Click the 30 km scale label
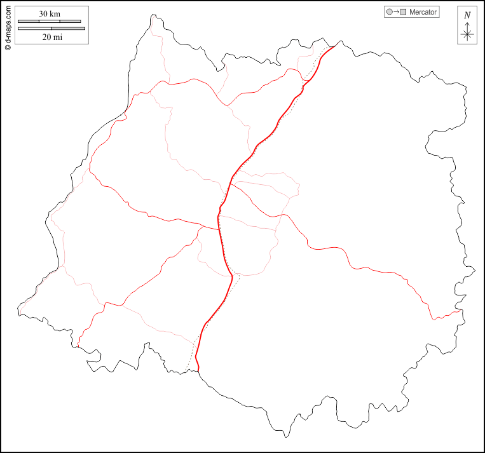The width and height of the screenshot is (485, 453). point(50,13)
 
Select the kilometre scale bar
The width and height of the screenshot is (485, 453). point(50,21)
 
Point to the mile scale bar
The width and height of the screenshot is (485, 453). point(51,28)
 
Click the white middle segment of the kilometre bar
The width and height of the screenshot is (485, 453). point(50,21)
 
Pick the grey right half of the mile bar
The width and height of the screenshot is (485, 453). point(68,28)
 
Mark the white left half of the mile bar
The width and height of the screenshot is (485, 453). point(35,28)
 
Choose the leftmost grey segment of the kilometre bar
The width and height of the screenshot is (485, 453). point(29,21)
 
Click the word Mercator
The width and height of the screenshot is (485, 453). point(423,12)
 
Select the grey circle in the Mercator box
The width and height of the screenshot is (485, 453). point(390,12)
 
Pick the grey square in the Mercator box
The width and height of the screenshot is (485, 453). point(403,12)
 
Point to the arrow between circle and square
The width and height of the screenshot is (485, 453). point(396,12)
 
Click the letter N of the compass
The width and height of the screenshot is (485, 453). point(467,15)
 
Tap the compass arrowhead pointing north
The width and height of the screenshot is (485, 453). point(467,23)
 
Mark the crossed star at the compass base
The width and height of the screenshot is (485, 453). point(467,34)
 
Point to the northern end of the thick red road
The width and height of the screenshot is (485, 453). point(334,46)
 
